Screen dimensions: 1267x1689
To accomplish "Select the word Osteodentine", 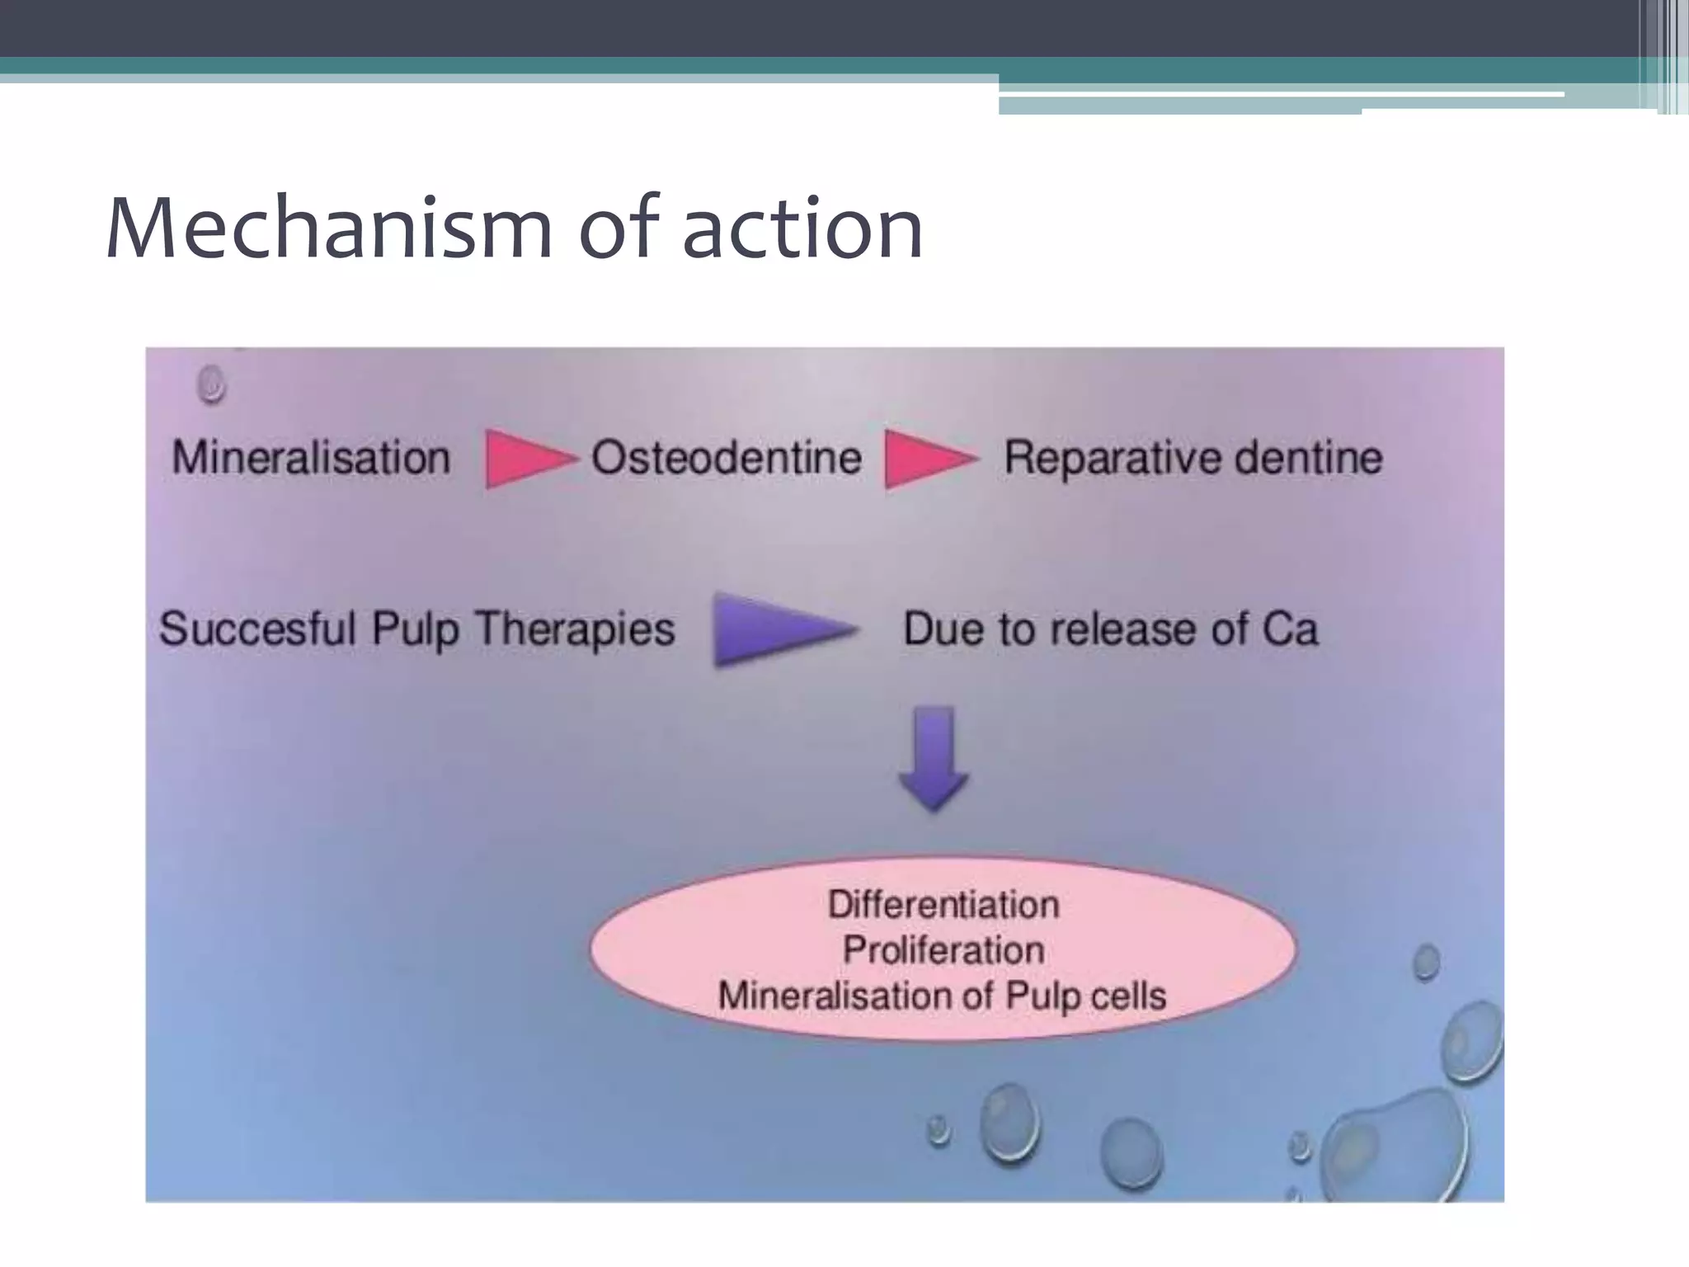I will coord(726,458).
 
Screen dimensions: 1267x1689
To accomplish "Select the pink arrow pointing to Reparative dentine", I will coord(927,459).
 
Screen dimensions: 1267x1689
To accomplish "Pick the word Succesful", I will coord(257,629).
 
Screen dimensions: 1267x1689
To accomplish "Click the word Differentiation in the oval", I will coord(943,905).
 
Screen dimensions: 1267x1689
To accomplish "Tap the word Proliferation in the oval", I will coord(943,950).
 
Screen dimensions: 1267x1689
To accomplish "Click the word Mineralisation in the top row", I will coord(311,458).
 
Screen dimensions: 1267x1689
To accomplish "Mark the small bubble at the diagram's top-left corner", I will coord(212,384).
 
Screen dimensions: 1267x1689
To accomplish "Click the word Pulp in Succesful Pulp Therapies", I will coord(415,630).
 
